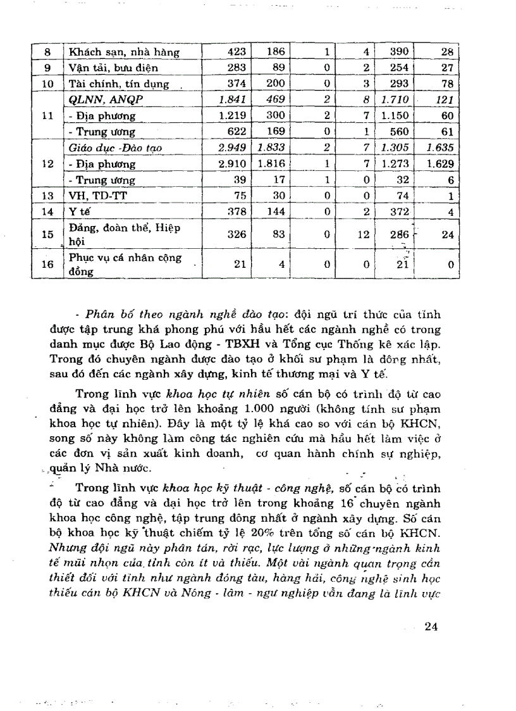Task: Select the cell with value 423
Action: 236,52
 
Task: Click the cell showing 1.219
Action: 232,116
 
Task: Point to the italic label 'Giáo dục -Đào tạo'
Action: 111,148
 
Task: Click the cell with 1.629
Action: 440,164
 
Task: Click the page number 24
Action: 432,627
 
